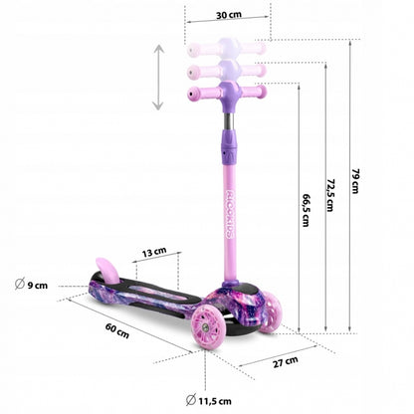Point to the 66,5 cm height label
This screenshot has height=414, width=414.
click(304, 211)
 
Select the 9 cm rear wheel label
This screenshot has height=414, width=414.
click(38, 286)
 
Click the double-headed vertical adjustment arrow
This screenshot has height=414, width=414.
click(157, 77)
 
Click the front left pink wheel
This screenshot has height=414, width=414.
click(211, 331)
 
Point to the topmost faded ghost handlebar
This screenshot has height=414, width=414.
click(226, 47)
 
